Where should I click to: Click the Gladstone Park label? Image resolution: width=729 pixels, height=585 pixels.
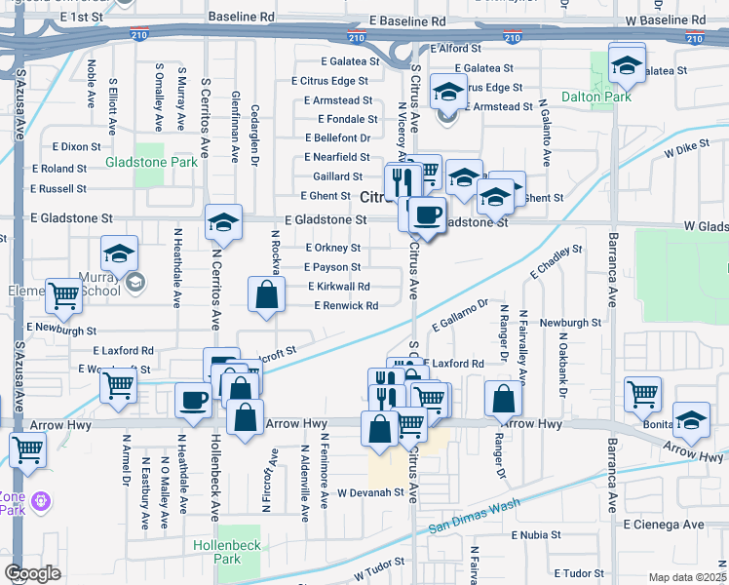tap(151, 161)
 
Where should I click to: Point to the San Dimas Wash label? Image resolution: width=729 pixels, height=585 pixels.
tap(471, 521)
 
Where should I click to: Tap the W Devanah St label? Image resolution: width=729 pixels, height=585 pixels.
tap(370, 493)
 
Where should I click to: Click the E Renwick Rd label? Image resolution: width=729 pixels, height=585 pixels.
tap(346, 305)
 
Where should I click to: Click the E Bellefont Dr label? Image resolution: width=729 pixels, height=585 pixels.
tap(337, 137)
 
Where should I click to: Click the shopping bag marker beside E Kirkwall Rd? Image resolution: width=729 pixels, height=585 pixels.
tap(266, 294)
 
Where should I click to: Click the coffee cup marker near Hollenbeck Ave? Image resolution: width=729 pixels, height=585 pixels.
tap(193, 399)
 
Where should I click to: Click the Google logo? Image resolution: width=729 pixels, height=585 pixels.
tap(33, 572)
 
